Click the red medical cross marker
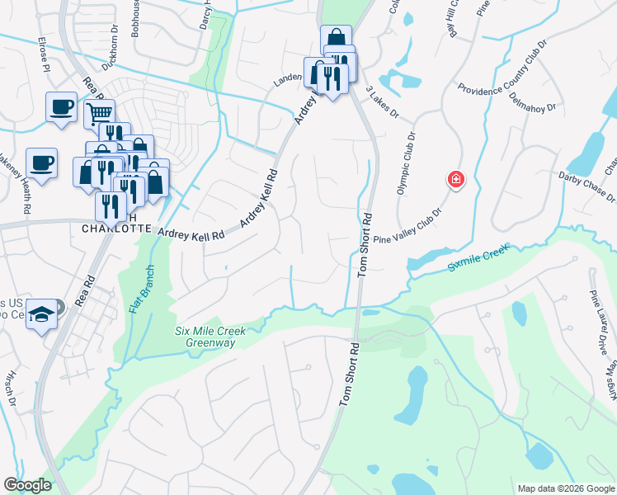(454, 179)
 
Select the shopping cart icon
(99, 113)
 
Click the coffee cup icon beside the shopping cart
(60, 106)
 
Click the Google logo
(27, 485)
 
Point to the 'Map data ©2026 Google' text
(565, 488)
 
